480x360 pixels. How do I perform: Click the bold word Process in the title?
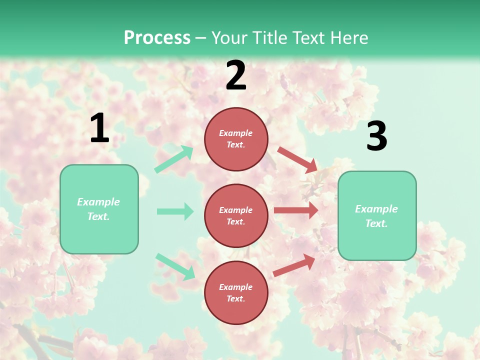tap(157, 38)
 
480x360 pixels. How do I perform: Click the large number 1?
tap(99, 128)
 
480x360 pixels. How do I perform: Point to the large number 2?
tap(236, 75)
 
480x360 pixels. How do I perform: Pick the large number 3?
tap(376, 136)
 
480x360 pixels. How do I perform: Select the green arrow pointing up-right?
tap(174, 159)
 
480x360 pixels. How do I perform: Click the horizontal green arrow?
tap(175, 211)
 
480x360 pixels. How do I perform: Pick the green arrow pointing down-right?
tap(175, 266)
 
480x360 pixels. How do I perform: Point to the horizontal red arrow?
tap(296, 210)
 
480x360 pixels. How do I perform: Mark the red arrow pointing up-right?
tap(294, 265)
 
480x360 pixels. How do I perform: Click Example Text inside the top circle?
tap(236, 139)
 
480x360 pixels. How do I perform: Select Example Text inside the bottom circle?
tap(236, 293)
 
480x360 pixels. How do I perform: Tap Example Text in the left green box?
tap(98, 209)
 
